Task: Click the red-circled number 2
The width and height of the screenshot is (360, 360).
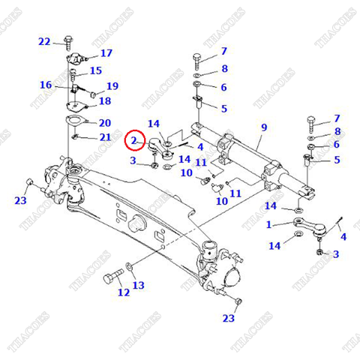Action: (x=133, y=139)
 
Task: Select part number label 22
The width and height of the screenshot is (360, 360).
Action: (x=44, y=41)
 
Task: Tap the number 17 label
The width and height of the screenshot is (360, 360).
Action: (x=106, y=53)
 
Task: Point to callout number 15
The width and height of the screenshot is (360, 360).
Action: (x=95, y=71)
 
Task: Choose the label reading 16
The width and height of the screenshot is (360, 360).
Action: (x=46, y=85)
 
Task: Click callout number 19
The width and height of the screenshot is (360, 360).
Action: (x=112, y=86)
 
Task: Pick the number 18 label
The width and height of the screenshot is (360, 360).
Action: (x=104, y=101)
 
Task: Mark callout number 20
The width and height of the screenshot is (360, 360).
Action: (x=104, y=123)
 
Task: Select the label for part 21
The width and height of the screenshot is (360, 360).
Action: (x=104, y=136)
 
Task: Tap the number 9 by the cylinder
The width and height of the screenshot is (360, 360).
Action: (x=262, y=128)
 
